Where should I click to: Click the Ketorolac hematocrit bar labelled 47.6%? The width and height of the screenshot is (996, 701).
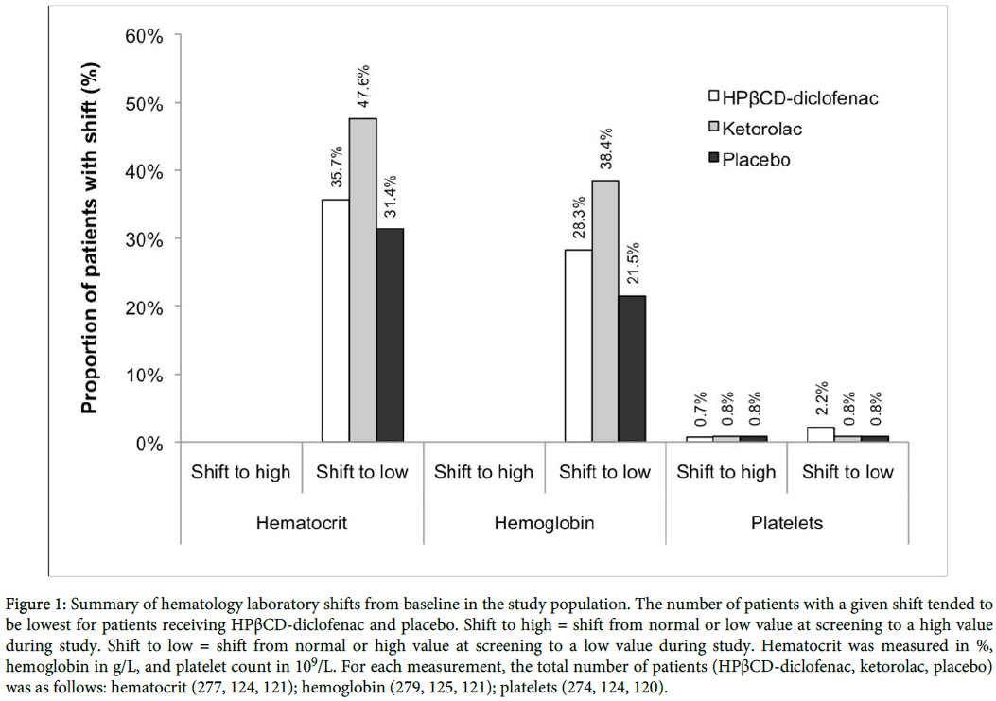(362, 280)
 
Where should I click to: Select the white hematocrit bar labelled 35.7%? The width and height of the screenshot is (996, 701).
(336, 321)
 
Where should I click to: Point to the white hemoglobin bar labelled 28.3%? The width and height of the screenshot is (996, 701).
(579, 345)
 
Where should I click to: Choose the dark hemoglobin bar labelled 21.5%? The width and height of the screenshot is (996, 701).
(633, 369)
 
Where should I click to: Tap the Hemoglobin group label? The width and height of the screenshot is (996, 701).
(544, 522)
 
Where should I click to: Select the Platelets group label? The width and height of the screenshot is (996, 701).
(787, 522)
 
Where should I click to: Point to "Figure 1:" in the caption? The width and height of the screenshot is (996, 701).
(40, 603)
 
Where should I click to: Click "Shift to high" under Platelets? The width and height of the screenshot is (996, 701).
(726, 472)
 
